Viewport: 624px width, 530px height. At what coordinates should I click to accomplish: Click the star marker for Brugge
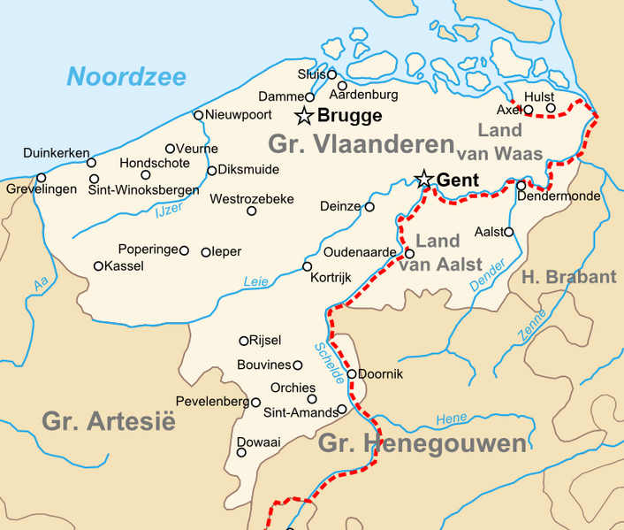point(304,116)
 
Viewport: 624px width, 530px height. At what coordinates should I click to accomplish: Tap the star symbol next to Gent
point(424,180)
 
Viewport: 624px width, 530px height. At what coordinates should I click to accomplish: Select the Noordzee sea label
point(126,77)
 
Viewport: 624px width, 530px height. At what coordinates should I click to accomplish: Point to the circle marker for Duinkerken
point(91,163)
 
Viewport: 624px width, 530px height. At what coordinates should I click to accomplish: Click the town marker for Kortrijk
point(308,266)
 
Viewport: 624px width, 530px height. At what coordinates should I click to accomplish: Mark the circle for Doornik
point(352,373)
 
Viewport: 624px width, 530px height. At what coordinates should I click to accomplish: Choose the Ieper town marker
point(206,252)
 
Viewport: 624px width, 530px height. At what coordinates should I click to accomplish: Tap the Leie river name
point(255,282)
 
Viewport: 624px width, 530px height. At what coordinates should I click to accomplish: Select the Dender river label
point(487,278)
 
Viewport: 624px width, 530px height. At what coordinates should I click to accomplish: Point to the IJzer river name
point(167,211)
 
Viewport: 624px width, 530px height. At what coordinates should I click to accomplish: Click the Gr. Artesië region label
point(108,421)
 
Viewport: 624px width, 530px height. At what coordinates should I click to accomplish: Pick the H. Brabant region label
point(569,277)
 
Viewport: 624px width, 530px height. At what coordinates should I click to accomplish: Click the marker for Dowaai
point(241,452)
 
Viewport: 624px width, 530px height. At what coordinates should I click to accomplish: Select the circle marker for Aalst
point(508,232)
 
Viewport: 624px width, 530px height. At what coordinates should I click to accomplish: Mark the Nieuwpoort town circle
point(199,115)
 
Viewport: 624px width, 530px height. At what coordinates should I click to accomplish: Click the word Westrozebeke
point(252,199)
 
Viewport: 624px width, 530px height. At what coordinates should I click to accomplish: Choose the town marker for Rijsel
point(244,341)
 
